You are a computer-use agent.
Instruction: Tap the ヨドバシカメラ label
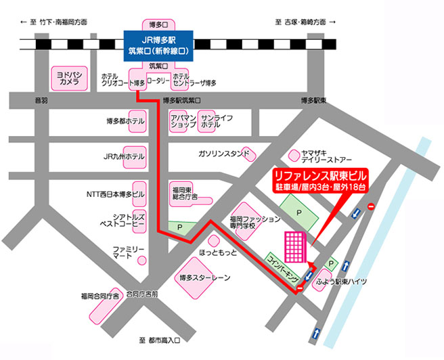[68, 77]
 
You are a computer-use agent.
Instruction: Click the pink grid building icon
[295, 246]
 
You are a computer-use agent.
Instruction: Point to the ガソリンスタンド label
[223, 154]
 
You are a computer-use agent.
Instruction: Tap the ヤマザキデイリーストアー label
[327, 156]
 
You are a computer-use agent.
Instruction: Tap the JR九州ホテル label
[124, 156]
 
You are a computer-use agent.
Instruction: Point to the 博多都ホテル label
[125, 122]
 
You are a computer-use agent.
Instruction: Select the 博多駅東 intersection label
[313, 101]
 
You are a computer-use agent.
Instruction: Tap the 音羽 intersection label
[41, 101]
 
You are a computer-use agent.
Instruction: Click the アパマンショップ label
[183, 121]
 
